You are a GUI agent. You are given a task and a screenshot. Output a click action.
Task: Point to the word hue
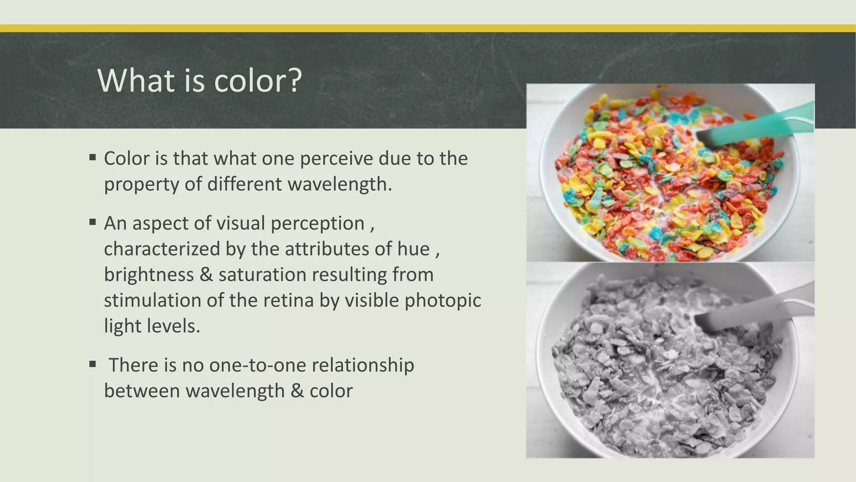(413, 249)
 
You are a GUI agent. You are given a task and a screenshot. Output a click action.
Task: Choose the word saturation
(262, 275)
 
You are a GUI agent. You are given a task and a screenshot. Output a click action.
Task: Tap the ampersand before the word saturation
(206, 275)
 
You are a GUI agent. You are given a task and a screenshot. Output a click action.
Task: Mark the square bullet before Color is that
(93, 158)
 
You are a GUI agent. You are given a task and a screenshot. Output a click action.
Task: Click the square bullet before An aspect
(93, 222)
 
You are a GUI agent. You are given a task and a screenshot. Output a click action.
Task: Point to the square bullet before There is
(93, 364)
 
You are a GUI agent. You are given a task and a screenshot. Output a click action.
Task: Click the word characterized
(162, 249)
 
